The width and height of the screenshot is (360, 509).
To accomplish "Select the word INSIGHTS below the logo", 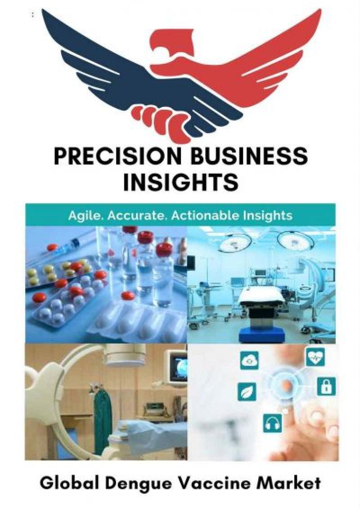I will point(180,182).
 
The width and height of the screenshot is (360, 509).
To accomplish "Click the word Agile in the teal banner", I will point(83,215).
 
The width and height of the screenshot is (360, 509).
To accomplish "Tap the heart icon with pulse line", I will point(315,358).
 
